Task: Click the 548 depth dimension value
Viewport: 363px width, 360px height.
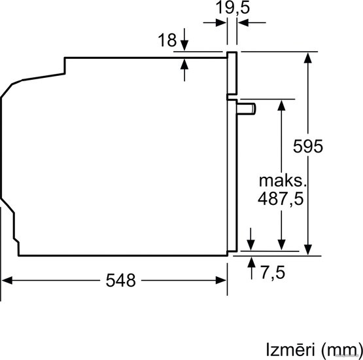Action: click(x=120, y=280)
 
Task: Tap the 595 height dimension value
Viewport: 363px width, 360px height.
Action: click(x=308, y=146)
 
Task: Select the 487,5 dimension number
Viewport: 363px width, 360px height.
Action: click(x=281, y=199)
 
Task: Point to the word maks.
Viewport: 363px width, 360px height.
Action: click(x=283, y=181)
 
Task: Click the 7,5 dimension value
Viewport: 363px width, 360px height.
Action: click(x=273, y=273)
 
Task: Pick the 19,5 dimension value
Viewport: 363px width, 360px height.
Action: click(x=233, y=8)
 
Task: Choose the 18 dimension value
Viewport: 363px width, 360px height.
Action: click(x=167, y=40)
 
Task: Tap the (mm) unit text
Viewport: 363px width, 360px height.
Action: click(x=341, y=350)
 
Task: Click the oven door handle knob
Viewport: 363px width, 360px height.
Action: click(x=247, y=109)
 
